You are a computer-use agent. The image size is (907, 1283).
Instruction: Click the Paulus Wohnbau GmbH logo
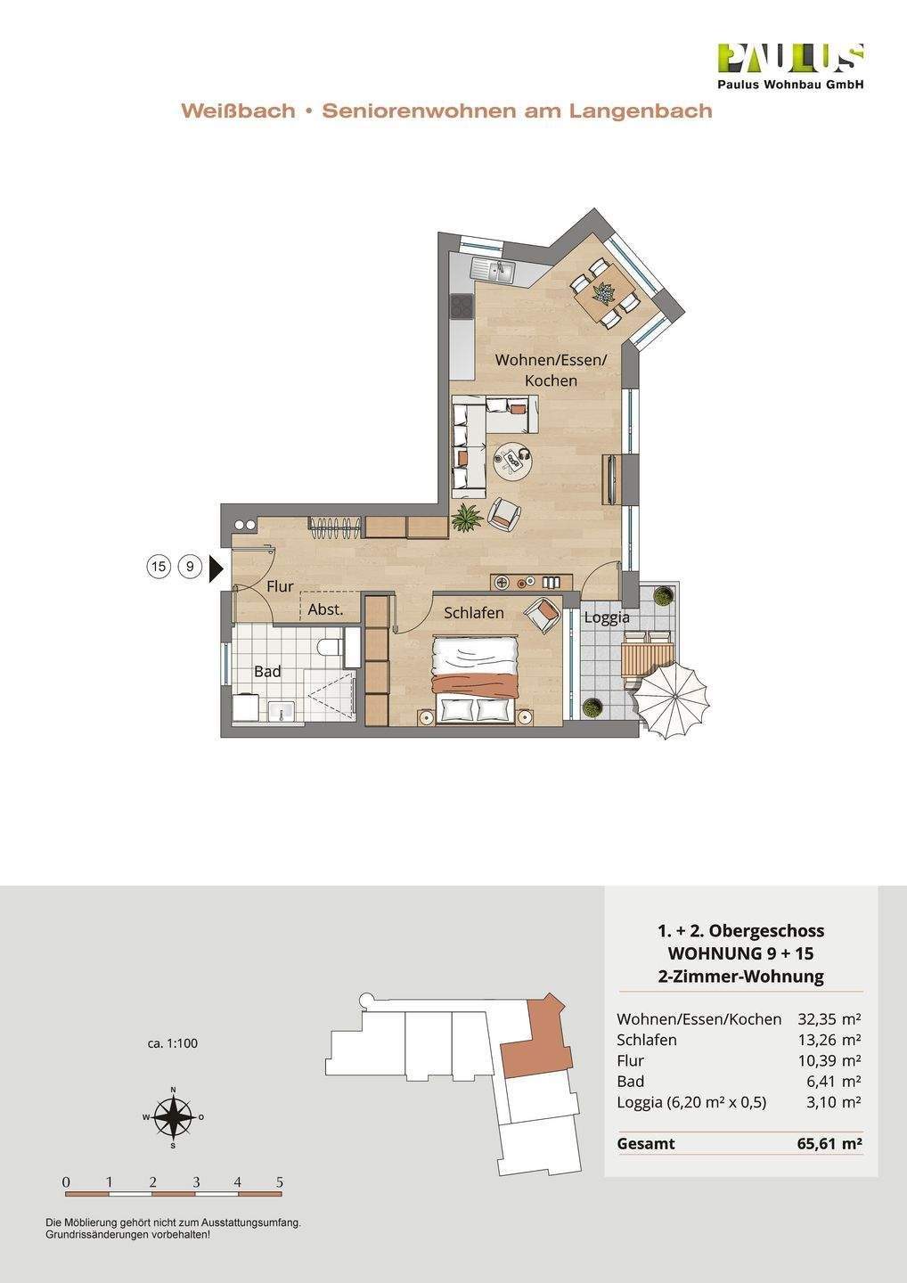tap(791, 67)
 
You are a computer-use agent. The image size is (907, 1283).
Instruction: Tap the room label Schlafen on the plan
tap(473, 613)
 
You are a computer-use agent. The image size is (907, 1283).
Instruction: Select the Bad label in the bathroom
tap(267, 671)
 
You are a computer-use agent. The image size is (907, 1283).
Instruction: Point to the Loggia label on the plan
tap(607, 618)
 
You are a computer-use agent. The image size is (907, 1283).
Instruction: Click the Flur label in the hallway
tap(280, 586)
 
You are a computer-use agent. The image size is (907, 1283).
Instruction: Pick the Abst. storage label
tap(325, 610)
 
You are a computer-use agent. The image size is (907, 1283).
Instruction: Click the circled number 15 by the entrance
tap(159, 567)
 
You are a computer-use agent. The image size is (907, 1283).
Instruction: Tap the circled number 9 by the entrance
tap(191, 567)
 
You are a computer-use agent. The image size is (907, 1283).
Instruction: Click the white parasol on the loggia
tap(671, 697)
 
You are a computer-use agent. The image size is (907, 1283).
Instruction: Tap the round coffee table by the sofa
tap(513, 461)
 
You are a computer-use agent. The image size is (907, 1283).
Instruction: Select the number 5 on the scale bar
tap(280, 1181)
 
